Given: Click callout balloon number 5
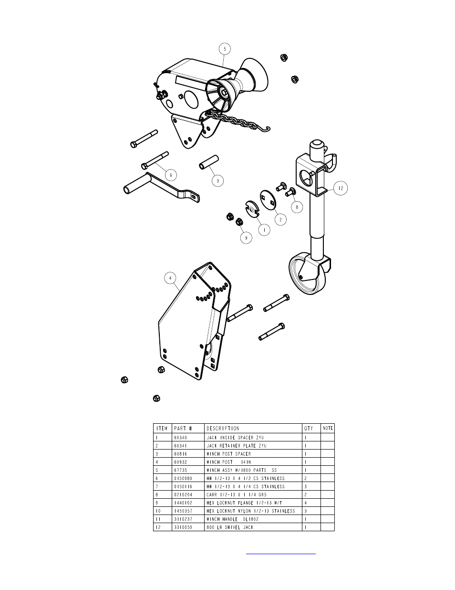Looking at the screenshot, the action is coord(225,49).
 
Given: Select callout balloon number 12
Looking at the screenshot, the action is coord(341,188).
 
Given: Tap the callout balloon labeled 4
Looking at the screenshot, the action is coord(170,278).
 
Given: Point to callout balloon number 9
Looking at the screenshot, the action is coord(246,238).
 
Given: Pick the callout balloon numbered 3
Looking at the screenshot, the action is coord(217,181).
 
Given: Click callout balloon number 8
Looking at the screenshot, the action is coord(297,207).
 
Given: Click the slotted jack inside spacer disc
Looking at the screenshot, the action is coord(252,209).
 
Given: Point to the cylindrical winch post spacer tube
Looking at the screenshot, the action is coord(209,162).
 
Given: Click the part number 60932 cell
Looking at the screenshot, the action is coord(181,462).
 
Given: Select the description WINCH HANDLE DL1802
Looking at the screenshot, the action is coord(233,519).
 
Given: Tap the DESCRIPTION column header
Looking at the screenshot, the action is coord(223,429).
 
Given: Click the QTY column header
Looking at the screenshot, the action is coord(309,429).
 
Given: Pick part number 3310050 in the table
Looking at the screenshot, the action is coord(183,527).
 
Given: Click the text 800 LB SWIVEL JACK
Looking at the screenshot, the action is coord(230,527).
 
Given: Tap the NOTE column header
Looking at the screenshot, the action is coord(328,428).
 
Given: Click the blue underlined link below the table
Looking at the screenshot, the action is coord(281,554).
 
